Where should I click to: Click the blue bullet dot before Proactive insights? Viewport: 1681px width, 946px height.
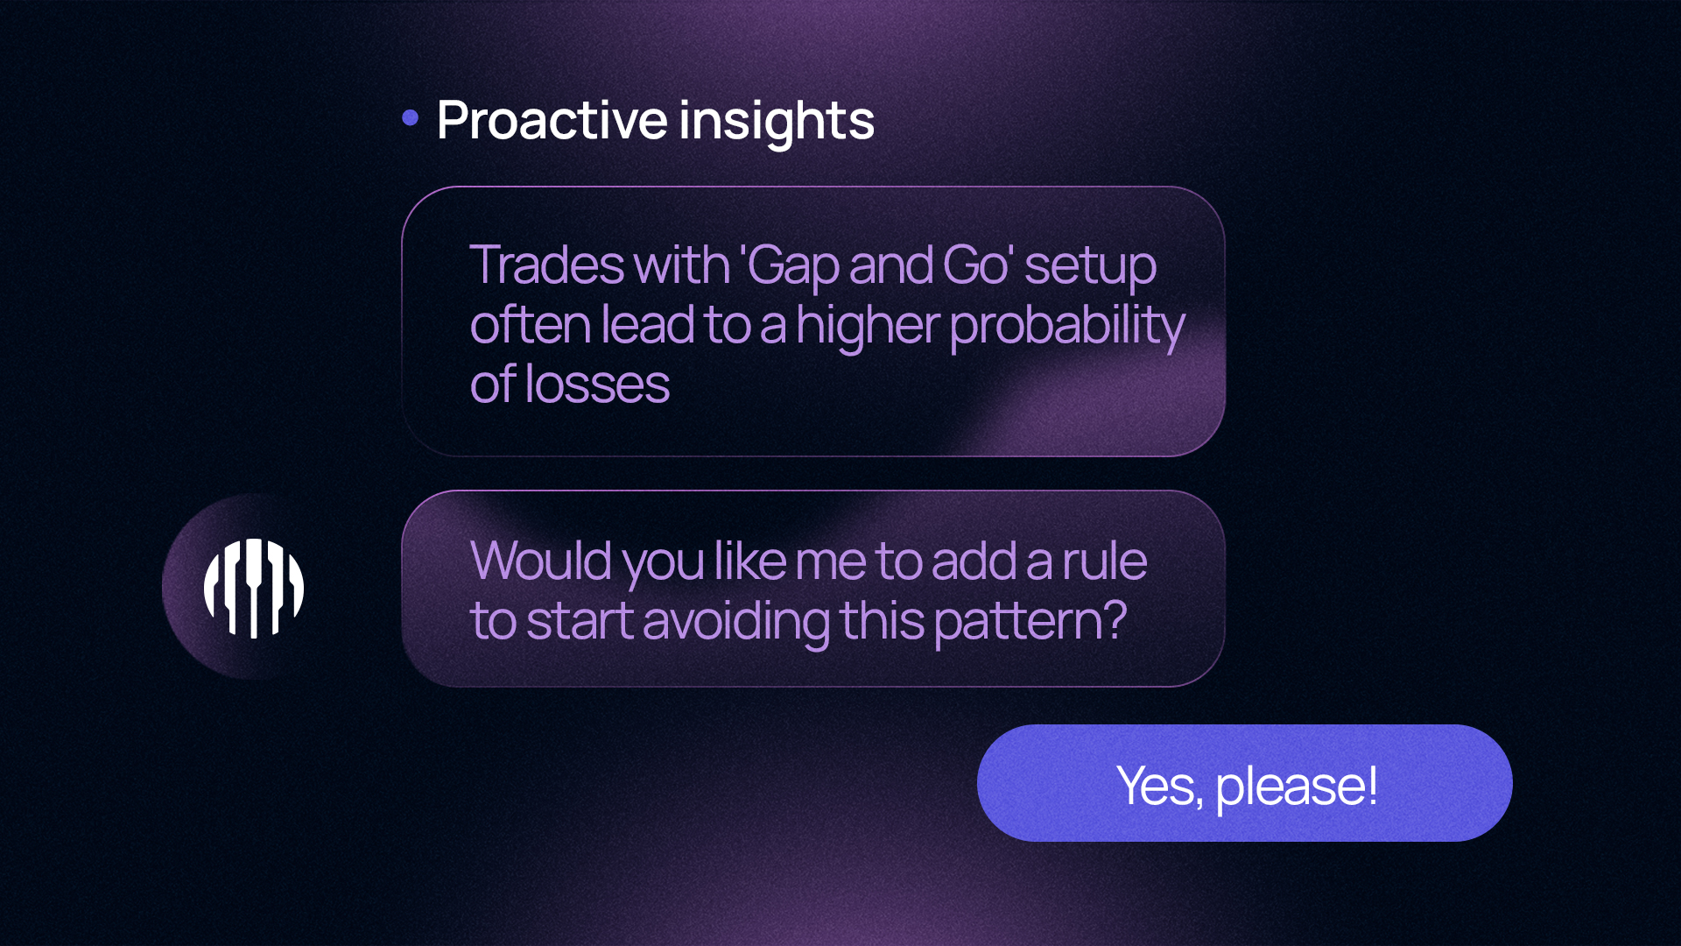(x=410, y=117)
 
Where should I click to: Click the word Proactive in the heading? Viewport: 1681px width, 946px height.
(x=552, y=120)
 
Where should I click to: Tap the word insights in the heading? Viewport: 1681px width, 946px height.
(x=777, y=122)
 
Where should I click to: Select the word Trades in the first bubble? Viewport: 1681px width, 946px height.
(x=545, y=265)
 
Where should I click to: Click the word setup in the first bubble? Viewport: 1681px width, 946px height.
(x=1091, y=266)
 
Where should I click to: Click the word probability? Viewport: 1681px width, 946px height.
(x=1067, y=326)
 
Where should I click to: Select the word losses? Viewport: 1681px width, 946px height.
(x=597, y=385)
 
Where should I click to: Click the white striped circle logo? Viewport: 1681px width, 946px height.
(x=254, y=588)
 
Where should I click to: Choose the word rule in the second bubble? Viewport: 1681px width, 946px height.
(x=1105, y=561)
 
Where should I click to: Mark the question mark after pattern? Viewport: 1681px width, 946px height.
(x=1115, y=620)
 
